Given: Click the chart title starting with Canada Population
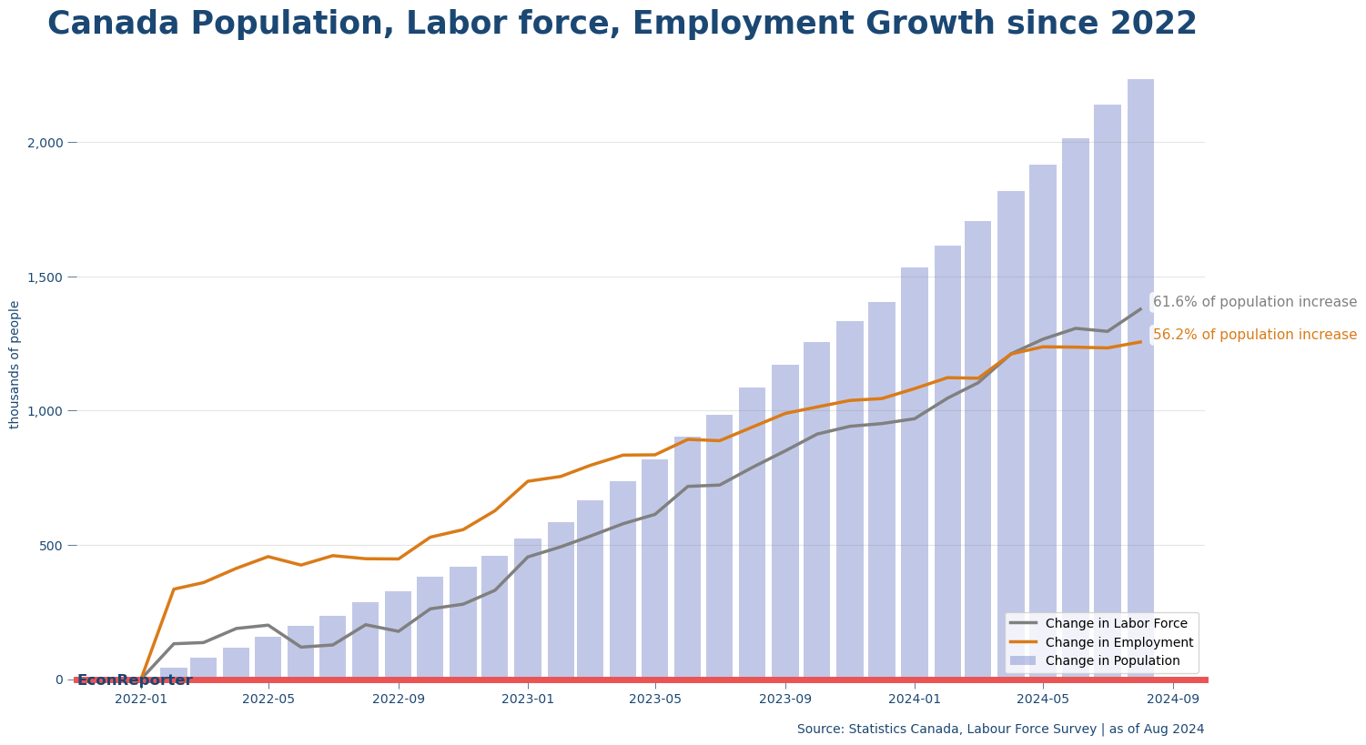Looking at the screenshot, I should [622, 25].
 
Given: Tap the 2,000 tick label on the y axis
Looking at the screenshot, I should [46, 143].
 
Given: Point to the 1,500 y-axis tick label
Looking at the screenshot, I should [46, 277].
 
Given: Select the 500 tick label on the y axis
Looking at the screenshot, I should [51, 546].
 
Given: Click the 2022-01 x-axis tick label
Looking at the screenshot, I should [141, 700].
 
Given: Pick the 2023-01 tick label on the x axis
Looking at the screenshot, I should [528, 700].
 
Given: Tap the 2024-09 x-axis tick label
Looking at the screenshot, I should [1172, 700].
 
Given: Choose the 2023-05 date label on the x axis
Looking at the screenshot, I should [655, 700].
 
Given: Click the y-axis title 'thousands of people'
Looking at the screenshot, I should [15, 364].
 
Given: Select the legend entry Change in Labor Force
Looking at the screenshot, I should [1116, 624].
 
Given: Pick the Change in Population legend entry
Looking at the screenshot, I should [1112, 661].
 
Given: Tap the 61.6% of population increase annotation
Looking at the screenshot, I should [1254, 302].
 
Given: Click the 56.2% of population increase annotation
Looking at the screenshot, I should [1254, 335].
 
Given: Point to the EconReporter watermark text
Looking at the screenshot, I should [135, 680].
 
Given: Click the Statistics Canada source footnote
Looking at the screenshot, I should [1000, 730].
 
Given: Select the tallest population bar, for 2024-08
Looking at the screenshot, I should [1140, 364].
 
